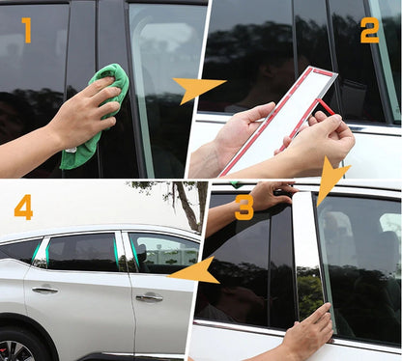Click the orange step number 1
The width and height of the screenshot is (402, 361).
(x=27, y=30)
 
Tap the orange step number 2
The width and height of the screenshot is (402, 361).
(x=370, y=31)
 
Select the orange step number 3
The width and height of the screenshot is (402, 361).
(x=244, y=208)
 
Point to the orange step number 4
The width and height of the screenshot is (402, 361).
(x=23, y=208)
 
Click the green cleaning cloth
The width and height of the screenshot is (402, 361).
(x=97, y=113)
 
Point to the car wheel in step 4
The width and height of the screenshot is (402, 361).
(x=19, y=345)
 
